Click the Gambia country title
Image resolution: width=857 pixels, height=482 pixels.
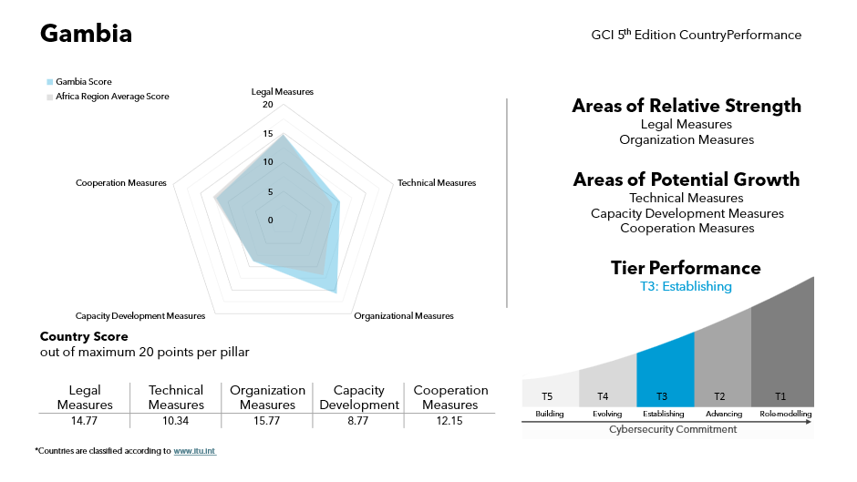tap(87, 35)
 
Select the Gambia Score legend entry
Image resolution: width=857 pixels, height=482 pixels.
tap(83, 82)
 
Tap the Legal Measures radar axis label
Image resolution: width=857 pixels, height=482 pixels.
tap(282, 92)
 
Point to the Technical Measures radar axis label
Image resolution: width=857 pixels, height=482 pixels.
tap(436, 183)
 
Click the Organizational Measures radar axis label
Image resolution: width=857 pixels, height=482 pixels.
tap(403, 316)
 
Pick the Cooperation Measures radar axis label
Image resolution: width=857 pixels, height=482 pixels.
tap(121, 183)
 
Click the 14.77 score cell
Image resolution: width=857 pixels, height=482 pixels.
tap(84, 420)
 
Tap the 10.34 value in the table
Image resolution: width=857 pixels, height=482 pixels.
tap(175, 420)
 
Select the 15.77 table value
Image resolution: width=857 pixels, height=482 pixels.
tap(267, 420)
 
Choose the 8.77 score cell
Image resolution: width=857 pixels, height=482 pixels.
tap(358, 420)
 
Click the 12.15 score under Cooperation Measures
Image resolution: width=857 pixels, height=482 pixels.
tap(449, 420)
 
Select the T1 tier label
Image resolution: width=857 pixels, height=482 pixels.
tap(780, 396)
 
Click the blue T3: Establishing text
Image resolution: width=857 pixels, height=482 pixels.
tap(686, 286)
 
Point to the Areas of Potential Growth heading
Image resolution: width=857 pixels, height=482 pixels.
tap(686, 179)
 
